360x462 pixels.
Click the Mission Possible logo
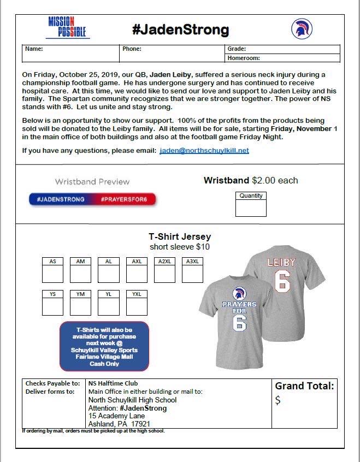coord(68,27)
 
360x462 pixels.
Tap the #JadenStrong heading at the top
coord(180,29)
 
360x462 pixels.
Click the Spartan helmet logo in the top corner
coord(302,29)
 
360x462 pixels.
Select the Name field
coord(71,54)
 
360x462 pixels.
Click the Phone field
coord(172,54)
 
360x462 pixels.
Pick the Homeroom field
coord(282,58)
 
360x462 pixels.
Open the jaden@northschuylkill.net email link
coord(204,151)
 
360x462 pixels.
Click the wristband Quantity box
coord(251,208)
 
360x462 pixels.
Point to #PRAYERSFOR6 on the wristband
coord(124,199)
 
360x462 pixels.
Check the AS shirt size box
coord(52,274)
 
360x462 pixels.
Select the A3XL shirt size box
coord(192,274)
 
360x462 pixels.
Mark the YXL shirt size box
coord(137,306)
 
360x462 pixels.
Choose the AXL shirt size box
coord(137,274)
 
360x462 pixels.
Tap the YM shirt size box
coord(80,306)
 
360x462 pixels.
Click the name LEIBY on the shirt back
coord(281,262)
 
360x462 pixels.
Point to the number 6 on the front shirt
coord(239,322)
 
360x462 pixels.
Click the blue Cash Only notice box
coord(104,346)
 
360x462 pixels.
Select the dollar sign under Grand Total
coord(278,400)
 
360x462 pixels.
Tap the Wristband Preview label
coord(92,181)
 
